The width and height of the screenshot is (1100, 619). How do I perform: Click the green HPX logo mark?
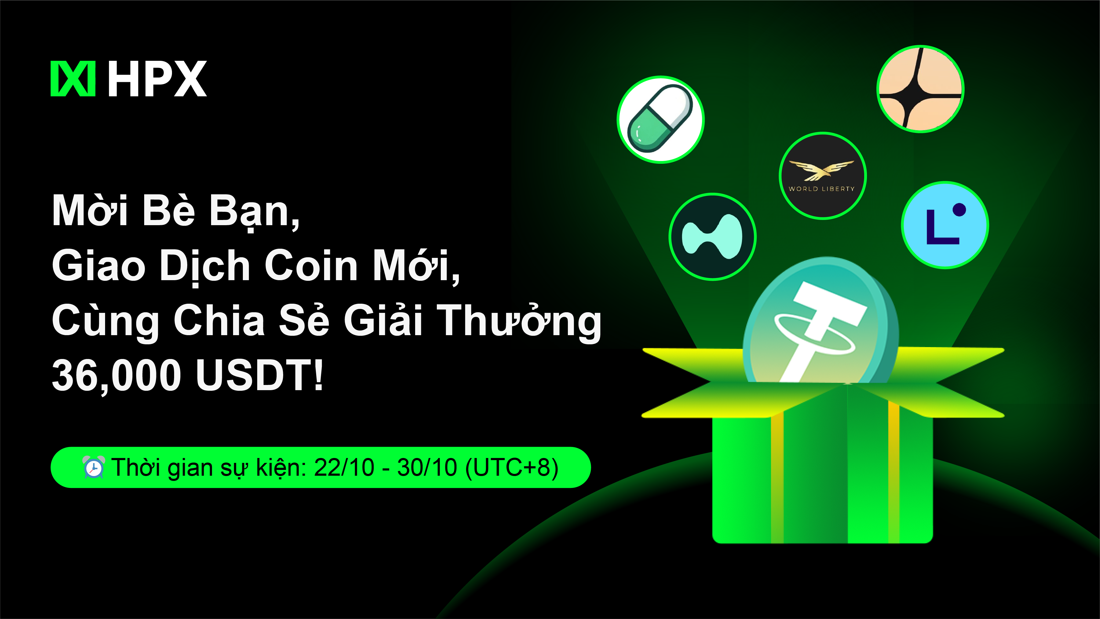click(73, 79)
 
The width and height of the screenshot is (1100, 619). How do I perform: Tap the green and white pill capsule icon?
click(660, 119)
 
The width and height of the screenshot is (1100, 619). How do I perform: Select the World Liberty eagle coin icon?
click(822, 176)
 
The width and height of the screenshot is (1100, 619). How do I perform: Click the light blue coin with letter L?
click(945, 225)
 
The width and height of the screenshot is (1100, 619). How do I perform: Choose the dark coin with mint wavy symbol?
click(712, 237)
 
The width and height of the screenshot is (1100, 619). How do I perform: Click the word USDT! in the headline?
click(260, 375)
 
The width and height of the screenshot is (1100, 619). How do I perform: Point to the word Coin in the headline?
click(311, 265)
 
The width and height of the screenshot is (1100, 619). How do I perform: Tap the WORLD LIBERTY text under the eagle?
click(822, 189)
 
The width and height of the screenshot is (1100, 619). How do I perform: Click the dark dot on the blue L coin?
click(959, 210)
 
